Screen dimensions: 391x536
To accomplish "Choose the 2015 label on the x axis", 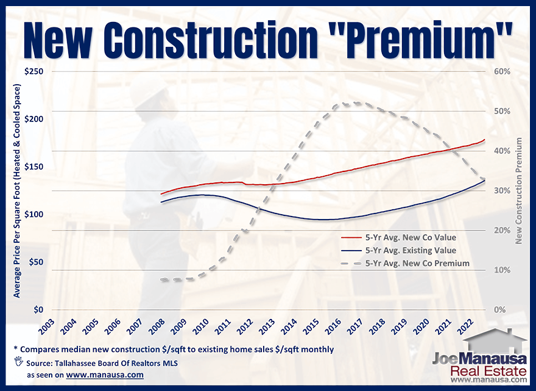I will (x=311, y=326).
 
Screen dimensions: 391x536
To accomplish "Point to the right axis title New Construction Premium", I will (x=519, y=191).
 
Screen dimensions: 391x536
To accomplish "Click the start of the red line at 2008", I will (x=161, y=194).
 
